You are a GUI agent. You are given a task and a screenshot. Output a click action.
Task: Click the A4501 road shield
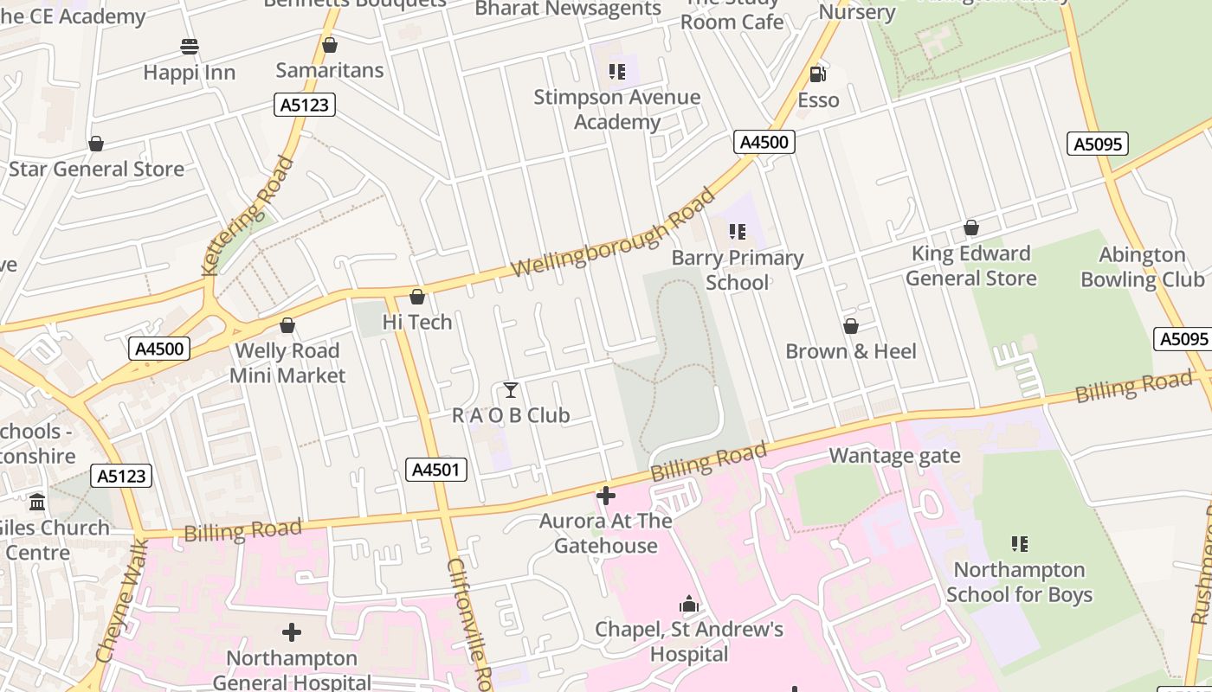436,470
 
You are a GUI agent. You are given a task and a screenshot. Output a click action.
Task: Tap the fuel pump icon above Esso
817,74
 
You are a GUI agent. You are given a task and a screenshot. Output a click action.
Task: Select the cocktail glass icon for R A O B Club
511,390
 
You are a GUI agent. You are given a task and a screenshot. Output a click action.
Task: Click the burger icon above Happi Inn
190,47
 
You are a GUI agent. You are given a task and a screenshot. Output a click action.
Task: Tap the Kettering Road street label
247,215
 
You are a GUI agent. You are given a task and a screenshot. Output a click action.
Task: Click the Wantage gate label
894,456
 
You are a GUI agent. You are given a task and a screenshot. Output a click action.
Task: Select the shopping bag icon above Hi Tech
417,297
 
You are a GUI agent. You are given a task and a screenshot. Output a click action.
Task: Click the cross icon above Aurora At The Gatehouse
606,496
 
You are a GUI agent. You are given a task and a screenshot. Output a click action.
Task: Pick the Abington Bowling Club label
1143,267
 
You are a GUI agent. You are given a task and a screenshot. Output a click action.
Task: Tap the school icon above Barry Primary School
738,232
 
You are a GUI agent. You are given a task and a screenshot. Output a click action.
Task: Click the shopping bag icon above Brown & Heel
851,326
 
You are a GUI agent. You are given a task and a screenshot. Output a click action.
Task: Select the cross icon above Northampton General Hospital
292,632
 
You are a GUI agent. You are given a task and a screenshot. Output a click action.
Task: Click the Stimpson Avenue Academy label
616,109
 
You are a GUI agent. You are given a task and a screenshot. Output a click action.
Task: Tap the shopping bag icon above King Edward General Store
971,227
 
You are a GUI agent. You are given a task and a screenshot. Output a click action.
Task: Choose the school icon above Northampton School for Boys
1020,544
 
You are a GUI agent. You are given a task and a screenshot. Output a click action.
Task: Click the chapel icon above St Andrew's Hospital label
689,604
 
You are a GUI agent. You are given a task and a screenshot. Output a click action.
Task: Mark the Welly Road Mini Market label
287,363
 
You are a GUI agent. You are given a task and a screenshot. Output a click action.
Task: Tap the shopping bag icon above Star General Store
96,144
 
